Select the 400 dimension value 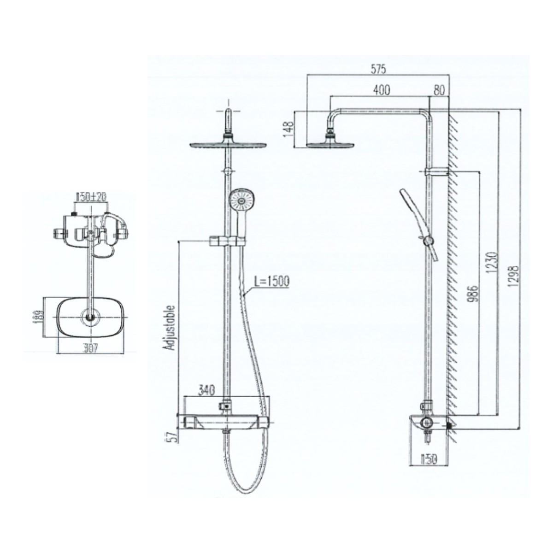click(382, 90)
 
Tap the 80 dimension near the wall click(439, 90)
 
